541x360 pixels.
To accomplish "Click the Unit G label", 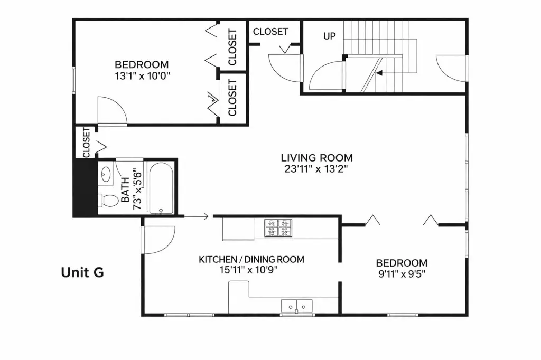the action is point(82,272).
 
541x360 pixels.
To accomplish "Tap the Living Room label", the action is point(317,158).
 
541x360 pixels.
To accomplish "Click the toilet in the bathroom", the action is point(108,201).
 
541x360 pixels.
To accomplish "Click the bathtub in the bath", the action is point(161,188).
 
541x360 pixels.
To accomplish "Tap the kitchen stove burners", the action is point(278,228).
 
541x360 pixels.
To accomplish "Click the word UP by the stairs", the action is point(330,36).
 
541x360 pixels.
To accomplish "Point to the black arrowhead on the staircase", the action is point(379,73).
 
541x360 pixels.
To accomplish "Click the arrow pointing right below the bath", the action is point(196,216).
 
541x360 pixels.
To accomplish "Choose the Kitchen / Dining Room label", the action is point(251,259).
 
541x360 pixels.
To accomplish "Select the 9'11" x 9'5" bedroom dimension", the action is point(402,274).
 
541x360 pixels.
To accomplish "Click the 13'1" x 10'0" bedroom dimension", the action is point(143,76).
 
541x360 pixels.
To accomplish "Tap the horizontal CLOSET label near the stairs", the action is point(270,32).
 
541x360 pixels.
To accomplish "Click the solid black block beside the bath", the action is point(85,187).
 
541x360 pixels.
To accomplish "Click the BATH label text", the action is point(125,190).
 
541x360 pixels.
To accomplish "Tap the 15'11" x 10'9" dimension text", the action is point(248,270).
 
